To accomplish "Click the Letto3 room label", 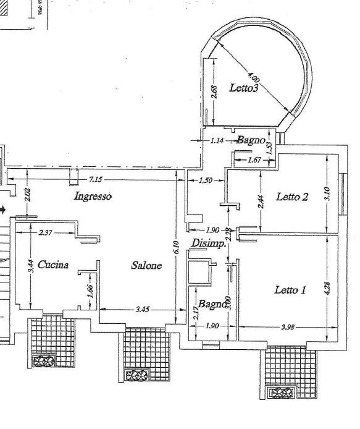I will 243,88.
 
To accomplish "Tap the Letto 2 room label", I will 292,197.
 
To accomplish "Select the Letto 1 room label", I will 290,289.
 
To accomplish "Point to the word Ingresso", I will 93,197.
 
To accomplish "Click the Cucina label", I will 52,265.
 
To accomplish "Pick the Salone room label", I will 146,265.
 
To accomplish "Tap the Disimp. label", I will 208,243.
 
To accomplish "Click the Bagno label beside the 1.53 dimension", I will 251,140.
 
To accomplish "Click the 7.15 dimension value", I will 96,180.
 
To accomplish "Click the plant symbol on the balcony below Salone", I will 136,375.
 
